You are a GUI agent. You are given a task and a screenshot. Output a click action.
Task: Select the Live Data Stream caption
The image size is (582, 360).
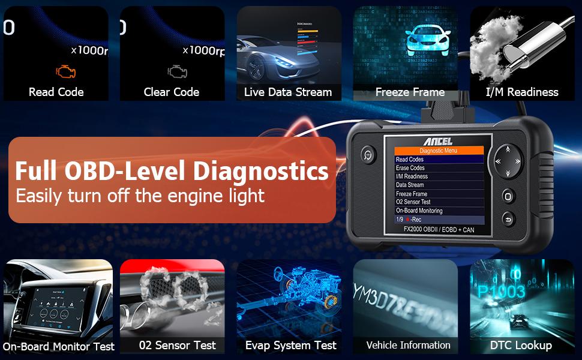tap(288, 92)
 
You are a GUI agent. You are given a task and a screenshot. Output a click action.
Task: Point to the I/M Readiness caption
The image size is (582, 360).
tap(522, 92)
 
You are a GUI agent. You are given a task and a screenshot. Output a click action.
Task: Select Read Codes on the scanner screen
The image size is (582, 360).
tap(410, 160)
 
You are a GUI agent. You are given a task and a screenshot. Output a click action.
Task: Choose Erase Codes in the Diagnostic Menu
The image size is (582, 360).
tap(410, 168)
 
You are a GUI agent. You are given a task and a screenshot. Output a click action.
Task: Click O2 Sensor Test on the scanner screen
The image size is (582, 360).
tap(413, 202)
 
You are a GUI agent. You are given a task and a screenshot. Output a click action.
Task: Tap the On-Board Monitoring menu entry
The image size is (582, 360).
tap(419, 211)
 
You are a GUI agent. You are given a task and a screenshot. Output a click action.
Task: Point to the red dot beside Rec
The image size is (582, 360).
tap(407, 220)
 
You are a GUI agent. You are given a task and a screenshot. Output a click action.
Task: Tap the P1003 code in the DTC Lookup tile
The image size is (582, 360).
tap(502, 292)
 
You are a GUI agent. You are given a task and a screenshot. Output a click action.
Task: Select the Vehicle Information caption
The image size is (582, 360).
tap(409, 345)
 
